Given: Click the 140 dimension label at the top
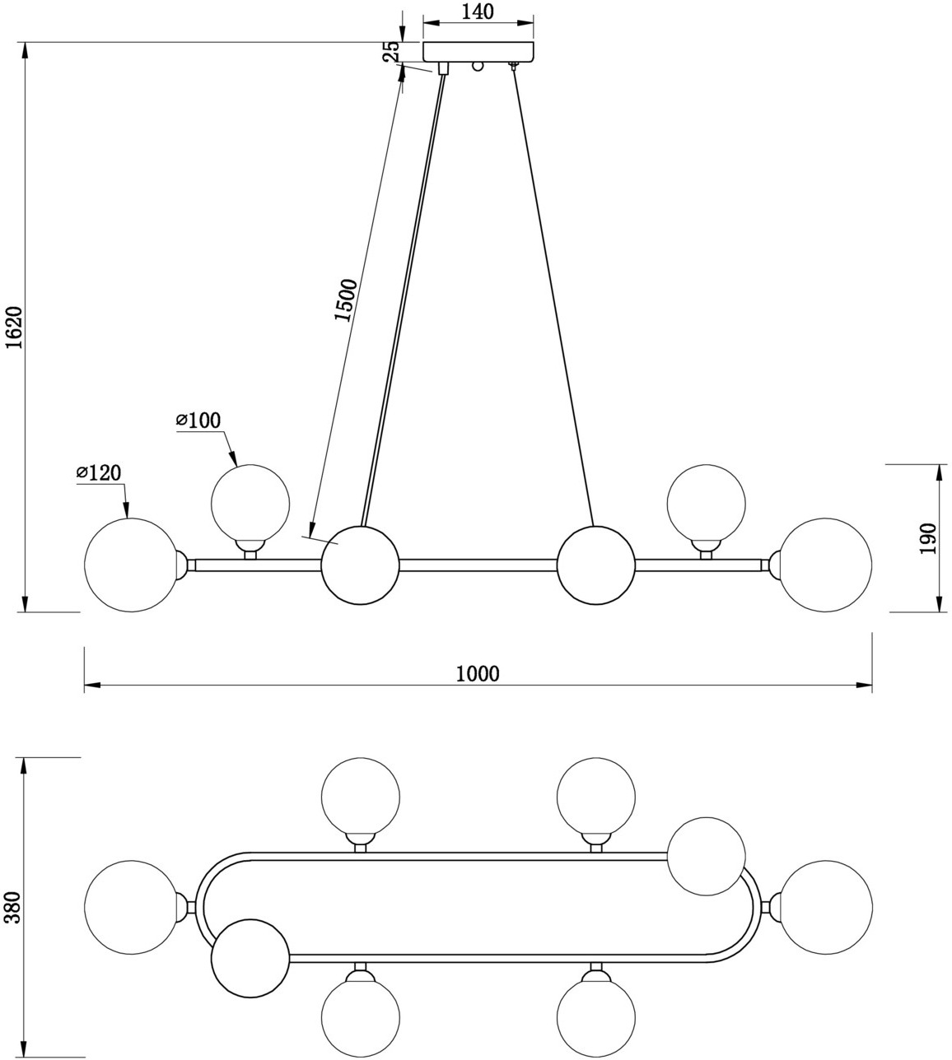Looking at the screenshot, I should pos(478,12).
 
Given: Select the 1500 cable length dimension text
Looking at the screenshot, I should pos(346,300).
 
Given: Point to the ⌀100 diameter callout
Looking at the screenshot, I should pos(198,421).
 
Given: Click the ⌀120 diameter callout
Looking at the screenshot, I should pos(99,472).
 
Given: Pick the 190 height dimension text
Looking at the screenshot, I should pos(927,538).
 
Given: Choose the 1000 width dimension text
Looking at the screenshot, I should pos(478,674).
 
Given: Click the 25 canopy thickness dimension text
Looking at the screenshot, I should pos(393,51).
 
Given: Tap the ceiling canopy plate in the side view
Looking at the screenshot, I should pos(478,51).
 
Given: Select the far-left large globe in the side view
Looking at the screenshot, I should pos(131,565).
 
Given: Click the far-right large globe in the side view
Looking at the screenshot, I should pos(825,565).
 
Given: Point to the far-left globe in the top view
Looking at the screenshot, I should pos(131,908).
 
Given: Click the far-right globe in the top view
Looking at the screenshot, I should pos(825,908).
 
